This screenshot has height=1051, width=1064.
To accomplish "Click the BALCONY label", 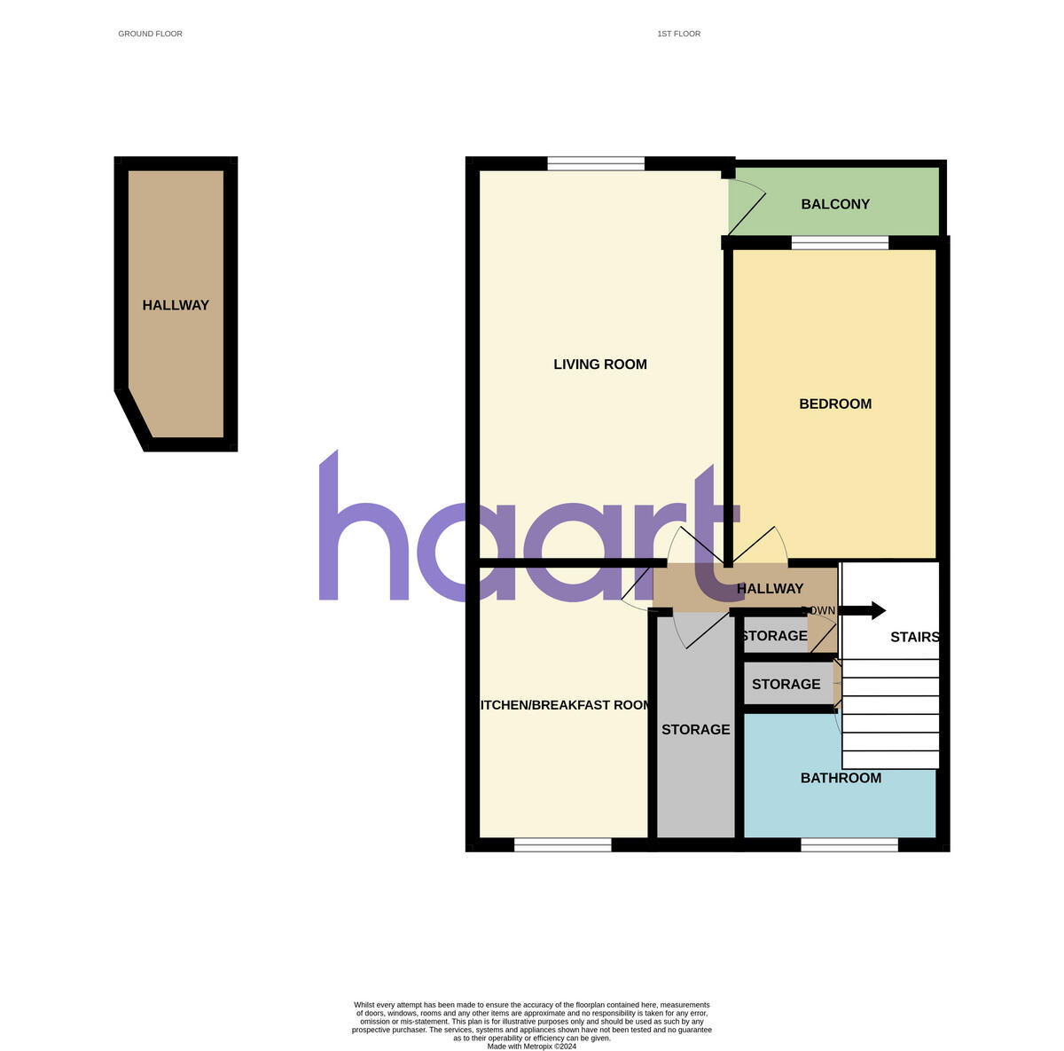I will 835,204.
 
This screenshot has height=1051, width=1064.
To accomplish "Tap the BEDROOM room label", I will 835,404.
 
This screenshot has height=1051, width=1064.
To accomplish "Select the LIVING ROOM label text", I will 600,365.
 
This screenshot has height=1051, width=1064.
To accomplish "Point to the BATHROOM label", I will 841,778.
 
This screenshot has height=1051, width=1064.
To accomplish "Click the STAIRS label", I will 914,637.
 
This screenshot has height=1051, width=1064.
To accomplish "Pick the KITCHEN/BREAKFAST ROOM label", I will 565,705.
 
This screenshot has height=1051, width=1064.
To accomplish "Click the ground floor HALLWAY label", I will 176,305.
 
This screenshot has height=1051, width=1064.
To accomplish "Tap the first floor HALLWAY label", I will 770,588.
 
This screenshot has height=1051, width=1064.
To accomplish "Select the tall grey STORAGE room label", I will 695,729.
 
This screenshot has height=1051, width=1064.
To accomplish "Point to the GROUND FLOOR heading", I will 150,34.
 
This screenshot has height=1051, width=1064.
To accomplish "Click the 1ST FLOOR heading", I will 678,34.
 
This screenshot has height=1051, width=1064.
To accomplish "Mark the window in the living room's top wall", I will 596,163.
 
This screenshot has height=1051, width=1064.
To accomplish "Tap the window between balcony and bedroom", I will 840,242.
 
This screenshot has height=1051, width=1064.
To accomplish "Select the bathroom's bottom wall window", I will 849,845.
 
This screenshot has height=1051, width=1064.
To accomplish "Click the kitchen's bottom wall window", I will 562,845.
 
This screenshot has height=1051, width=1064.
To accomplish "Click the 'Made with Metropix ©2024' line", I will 532,1047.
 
